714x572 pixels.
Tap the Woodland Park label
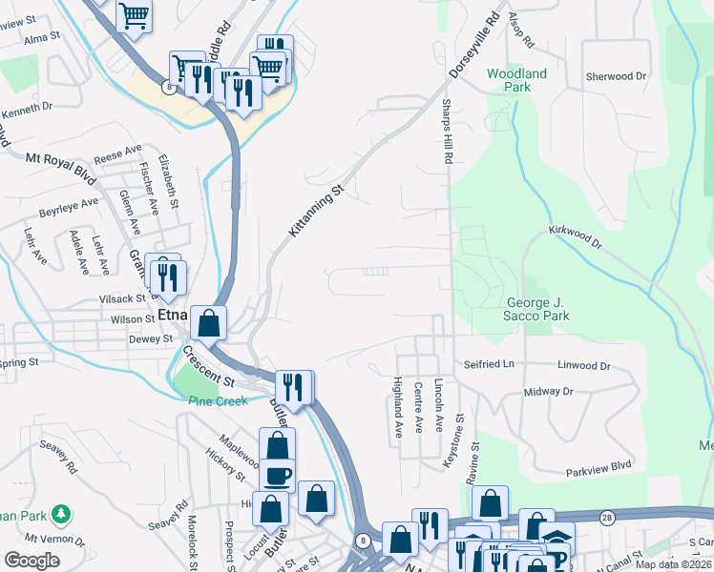(516, 80)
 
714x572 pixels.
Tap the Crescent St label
(208, 365)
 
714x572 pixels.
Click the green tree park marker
(61, 515)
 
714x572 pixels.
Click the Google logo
(32, 561)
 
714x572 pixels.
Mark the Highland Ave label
(398, 407)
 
